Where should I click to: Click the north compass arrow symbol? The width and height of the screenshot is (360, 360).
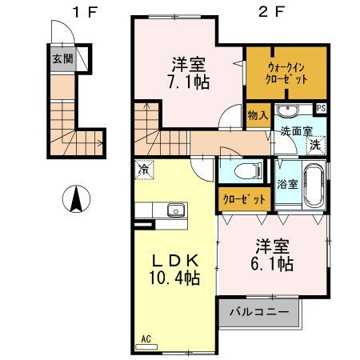77,198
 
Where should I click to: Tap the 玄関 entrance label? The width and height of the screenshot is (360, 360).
63,58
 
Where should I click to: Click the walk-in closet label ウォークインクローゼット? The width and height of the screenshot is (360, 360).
286,74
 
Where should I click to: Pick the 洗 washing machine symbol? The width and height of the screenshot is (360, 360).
315,145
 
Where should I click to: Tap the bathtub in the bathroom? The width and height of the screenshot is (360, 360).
313,186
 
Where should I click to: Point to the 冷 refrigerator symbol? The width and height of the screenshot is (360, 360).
144,170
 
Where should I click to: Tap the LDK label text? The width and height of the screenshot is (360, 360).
174,261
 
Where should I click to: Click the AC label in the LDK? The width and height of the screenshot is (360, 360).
147,339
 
